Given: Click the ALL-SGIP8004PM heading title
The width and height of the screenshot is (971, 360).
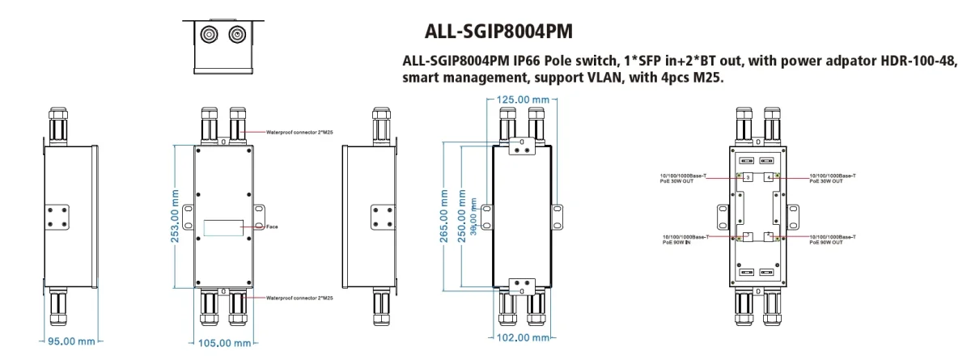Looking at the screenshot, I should click(x=498, y=32).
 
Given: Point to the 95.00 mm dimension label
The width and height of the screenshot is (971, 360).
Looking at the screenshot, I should click(x=73, y=341).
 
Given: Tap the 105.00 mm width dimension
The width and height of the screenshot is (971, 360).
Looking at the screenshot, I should click(x=226, y=344).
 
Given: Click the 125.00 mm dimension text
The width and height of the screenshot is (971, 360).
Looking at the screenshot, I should click(x=523, y=100).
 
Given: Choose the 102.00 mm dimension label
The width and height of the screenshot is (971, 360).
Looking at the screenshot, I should click(x=523, y=337).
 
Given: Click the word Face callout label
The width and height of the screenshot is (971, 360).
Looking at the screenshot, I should click(x=273, y=227).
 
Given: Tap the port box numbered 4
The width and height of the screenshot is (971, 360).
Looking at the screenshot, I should click(x=767, y=177).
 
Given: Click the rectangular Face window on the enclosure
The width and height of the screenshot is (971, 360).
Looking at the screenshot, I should click(x=223, y=227).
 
